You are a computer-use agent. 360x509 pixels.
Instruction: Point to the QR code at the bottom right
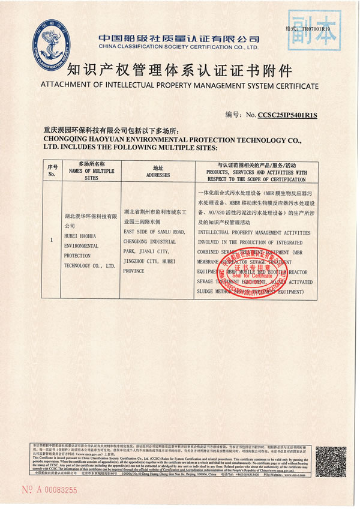pyautogui.click(x=331, y=461)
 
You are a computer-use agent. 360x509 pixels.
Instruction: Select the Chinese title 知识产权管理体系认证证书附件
pyautogui.click(x=180, y=68)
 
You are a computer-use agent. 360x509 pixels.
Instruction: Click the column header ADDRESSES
pyautogui.click(x=158, y=175)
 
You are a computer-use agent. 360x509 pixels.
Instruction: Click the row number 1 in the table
pyautogui.click(x=52, y=240)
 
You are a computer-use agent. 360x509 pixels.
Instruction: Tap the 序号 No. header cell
pyautogui.click(x=52, y=170)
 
